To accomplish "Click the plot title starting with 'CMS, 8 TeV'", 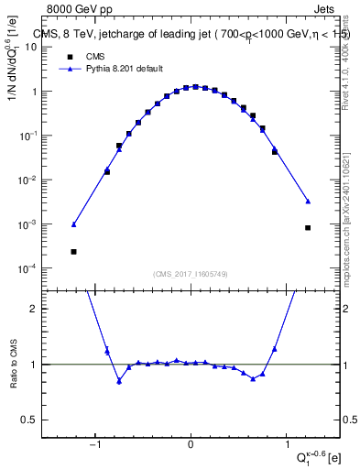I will tap(191, 35).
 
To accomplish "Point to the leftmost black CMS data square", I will tap(73, 251).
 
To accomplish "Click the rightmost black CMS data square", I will tap(308, 228).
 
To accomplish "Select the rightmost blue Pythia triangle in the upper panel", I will tap(308, 202).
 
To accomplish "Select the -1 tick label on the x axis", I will tap(94, 446).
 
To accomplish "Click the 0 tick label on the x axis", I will tap(191, 446).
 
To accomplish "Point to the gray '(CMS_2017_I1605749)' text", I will tap(191, 273).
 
